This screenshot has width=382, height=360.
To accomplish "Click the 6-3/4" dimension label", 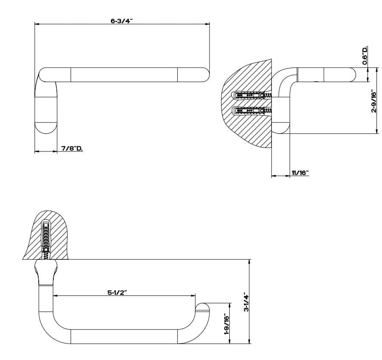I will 122,20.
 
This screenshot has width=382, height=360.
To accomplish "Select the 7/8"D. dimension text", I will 72,148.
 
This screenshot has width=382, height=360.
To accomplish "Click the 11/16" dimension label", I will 300,173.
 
